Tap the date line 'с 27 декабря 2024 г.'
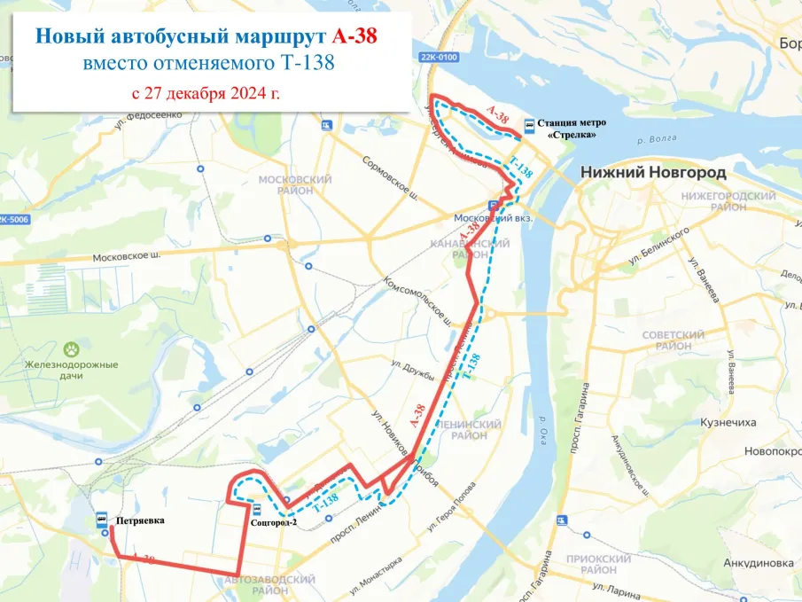click(x=206, y=93)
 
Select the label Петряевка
click(x=141, y=520)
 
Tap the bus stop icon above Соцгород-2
click(x=256, y=509)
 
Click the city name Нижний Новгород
click(x=653, y=172)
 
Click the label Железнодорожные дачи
click(x=72, y=371)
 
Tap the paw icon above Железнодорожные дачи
click(x=72, y=349)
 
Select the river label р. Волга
click(x=657, y=138)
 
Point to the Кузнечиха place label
click(x=726, y=423)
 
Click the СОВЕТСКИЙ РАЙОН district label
click(x=673, y=340)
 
